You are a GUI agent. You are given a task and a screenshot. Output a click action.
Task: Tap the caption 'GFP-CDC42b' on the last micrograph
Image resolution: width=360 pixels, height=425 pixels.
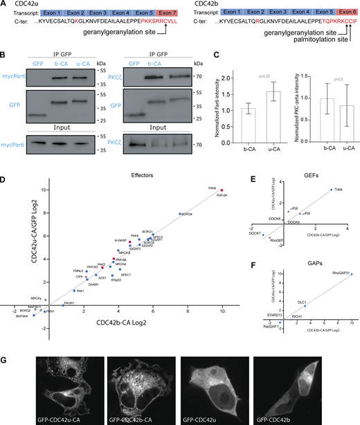275,418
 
